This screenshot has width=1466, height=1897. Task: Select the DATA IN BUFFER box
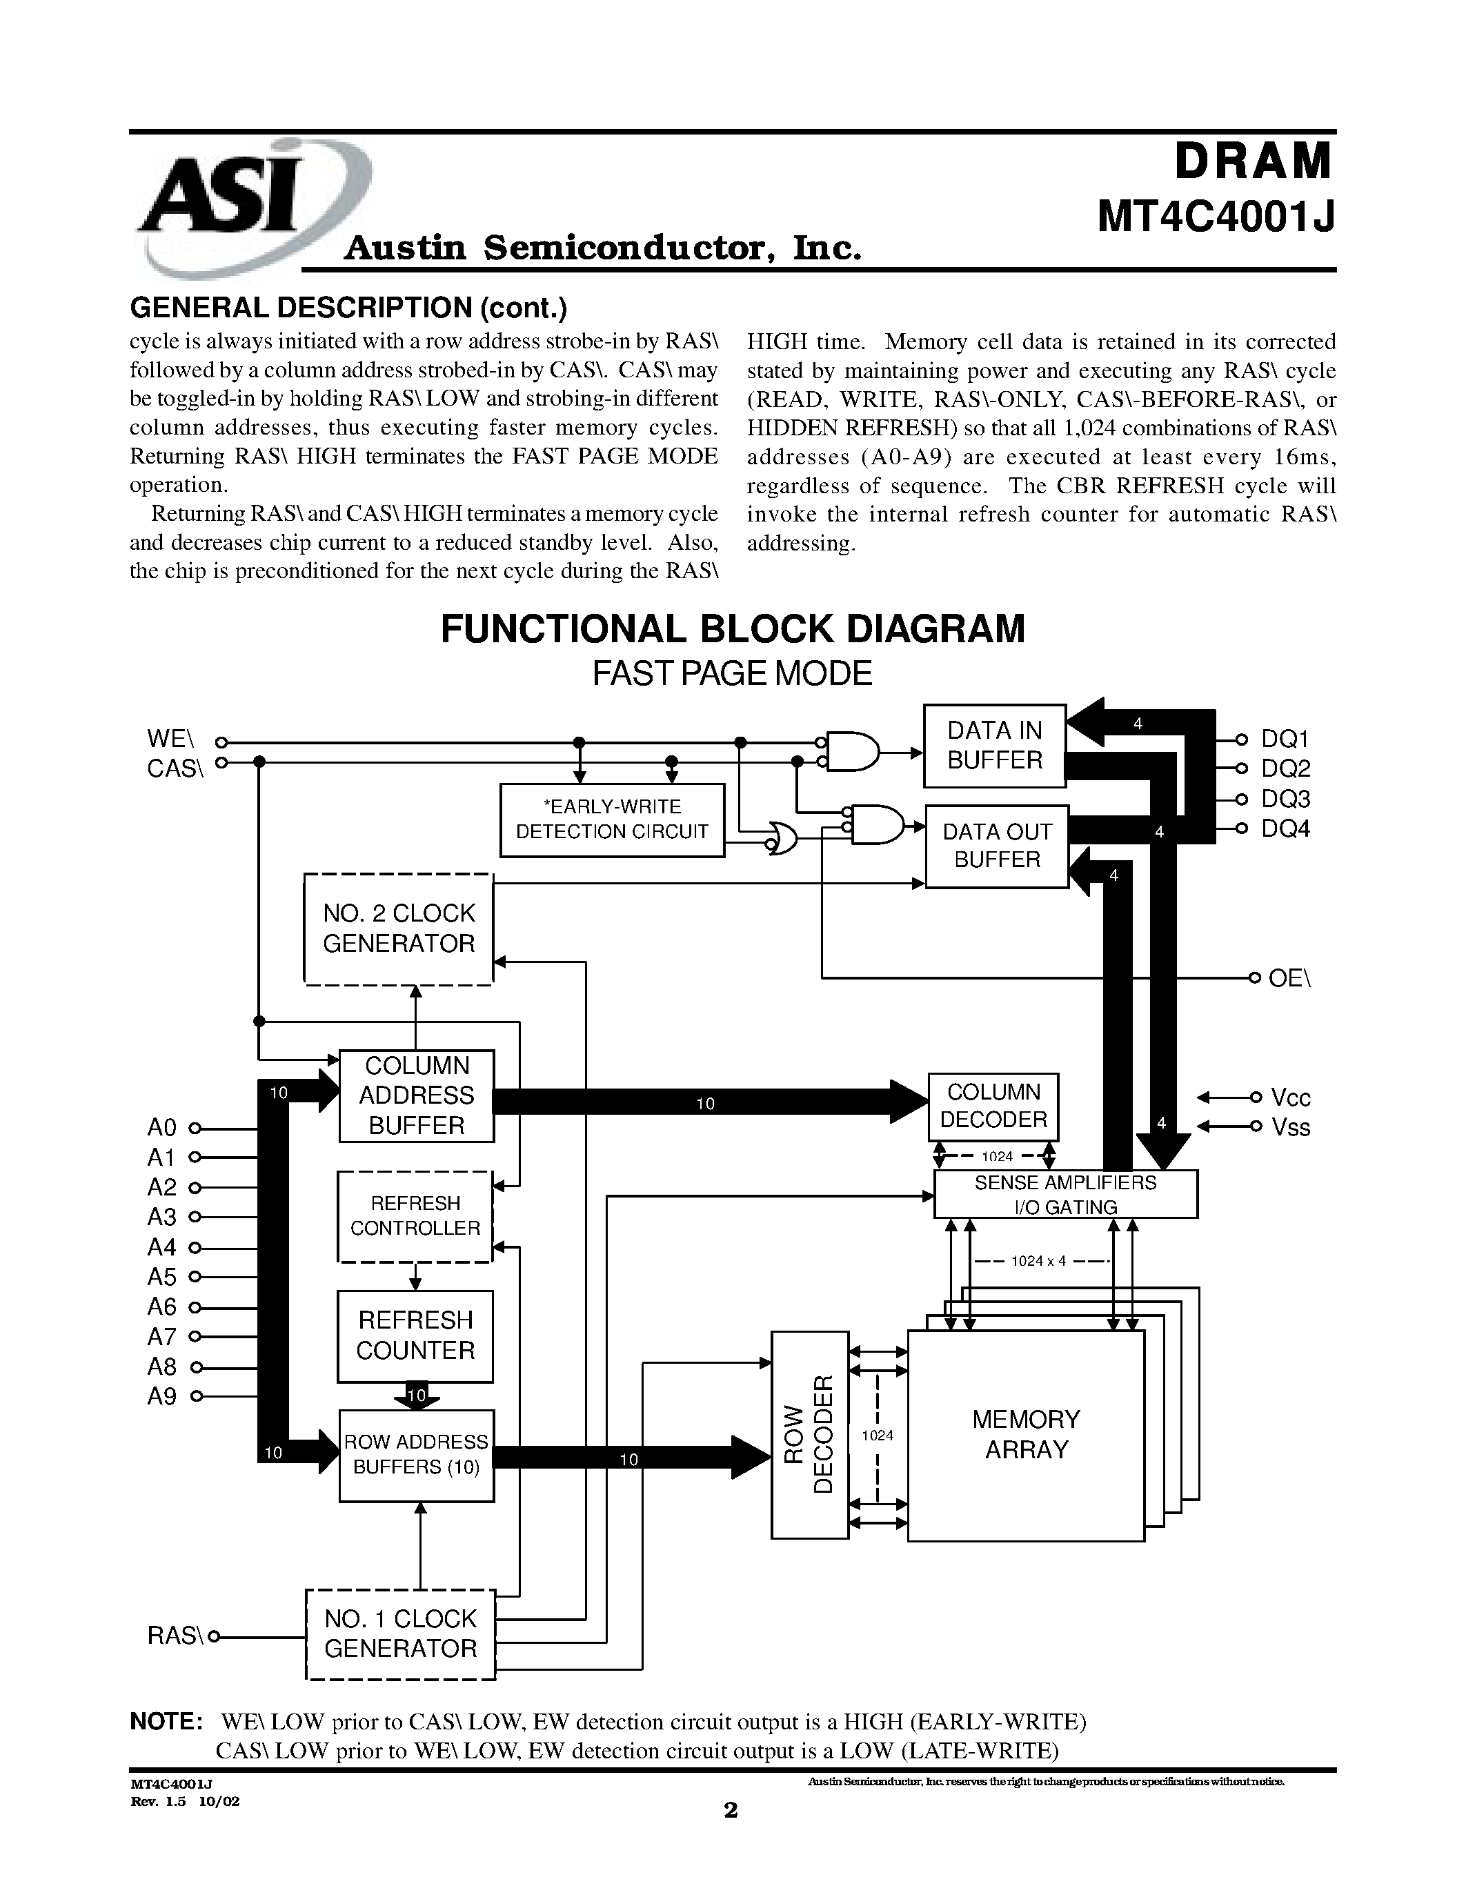[994, 745]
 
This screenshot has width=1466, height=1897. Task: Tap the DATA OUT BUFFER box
[996, 846]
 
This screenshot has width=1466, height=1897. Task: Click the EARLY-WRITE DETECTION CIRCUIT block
[613, 820]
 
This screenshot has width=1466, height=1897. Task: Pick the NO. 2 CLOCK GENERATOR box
[399, 928]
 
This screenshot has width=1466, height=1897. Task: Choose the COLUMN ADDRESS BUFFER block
[416, 1095]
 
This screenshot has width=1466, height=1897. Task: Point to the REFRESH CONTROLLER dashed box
[415, 1216]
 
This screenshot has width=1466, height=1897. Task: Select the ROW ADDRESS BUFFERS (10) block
[416, 1455]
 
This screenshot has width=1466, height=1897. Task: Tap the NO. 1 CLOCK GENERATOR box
[400, 1633]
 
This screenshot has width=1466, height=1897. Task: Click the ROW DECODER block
[809, 1434]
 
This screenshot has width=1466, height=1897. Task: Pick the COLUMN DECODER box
[993, 1106]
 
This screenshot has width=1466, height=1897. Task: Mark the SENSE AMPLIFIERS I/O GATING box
[1066, 1194]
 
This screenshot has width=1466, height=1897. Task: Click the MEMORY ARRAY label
[1026, 1434]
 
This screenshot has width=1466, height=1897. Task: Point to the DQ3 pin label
[1285, 799]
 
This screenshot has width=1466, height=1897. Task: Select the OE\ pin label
[1289, 978]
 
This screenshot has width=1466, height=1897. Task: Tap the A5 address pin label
[161, 1277]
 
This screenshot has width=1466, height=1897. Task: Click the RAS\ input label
[175, 1636]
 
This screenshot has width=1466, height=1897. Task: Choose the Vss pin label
[1291, 1127]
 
